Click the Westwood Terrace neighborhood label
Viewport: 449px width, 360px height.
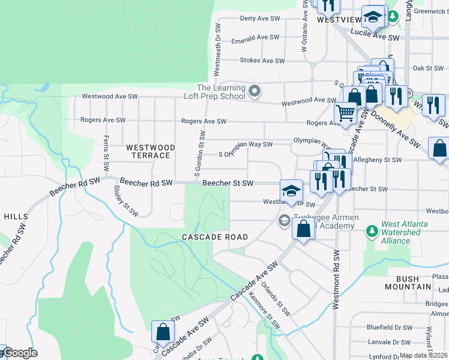pos(150,151)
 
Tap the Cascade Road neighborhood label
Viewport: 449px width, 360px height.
pos(215,237)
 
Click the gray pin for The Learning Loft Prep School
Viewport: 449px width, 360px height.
pos(255,92)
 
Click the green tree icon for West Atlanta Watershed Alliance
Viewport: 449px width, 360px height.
pos(372,230)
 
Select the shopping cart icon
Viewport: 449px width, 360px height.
pos(345,113)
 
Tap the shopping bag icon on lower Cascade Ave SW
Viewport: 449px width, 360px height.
pos(163,331)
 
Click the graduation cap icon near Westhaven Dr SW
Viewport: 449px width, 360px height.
pos(291,191)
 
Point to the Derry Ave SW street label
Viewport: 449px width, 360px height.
pos(260,19)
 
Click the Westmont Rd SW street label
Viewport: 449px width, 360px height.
pos(336,283)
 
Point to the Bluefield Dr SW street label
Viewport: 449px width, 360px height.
pos(390,328)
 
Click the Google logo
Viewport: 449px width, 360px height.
pos(20,353)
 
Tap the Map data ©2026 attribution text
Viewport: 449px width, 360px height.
pos(424,355)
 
